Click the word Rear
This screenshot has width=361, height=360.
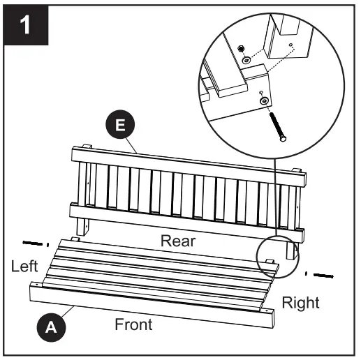[x=177, y=240]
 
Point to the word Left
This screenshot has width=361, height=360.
[x=25, y=266]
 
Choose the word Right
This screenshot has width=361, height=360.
[x=300, y=302]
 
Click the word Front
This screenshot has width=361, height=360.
[x=133, y=324]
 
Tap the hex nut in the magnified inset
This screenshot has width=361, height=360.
[x=240, y=50]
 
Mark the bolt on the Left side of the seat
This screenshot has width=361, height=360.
[x=32, y=243]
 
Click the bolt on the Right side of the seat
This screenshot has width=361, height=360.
[x=322, y=274]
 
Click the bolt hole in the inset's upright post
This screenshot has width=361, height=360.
[x=290, y=45]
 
